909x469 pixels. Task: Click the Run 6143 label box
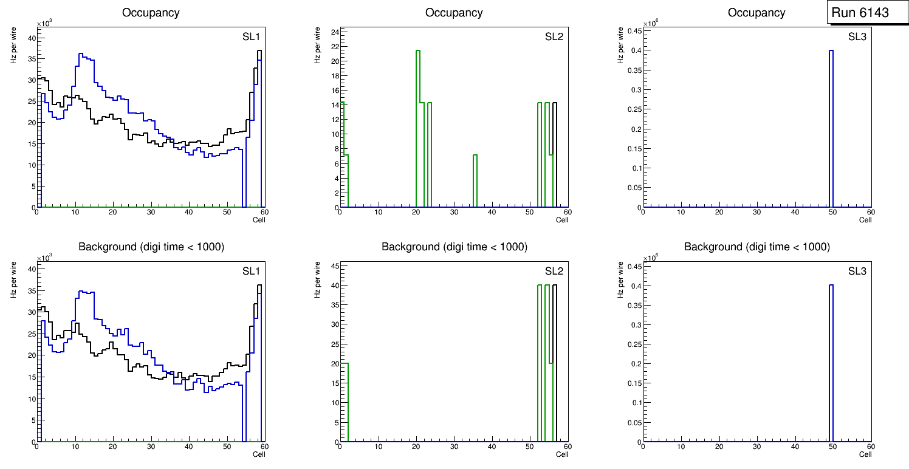coord(860,13)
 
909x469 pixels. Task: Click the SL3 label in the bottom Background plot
coord(857,270)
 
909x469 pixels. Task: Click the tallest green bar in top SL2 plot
coord(418,122)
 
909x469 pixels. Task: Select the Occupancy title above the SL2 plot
coord(454,13)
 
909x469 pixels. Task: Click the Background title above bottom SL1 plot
coord(151,247)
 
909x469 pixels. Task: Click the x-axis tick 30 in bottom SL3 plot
coord(757,447)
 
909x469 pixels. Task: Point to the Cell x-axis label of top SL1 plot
coord(259,220)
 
